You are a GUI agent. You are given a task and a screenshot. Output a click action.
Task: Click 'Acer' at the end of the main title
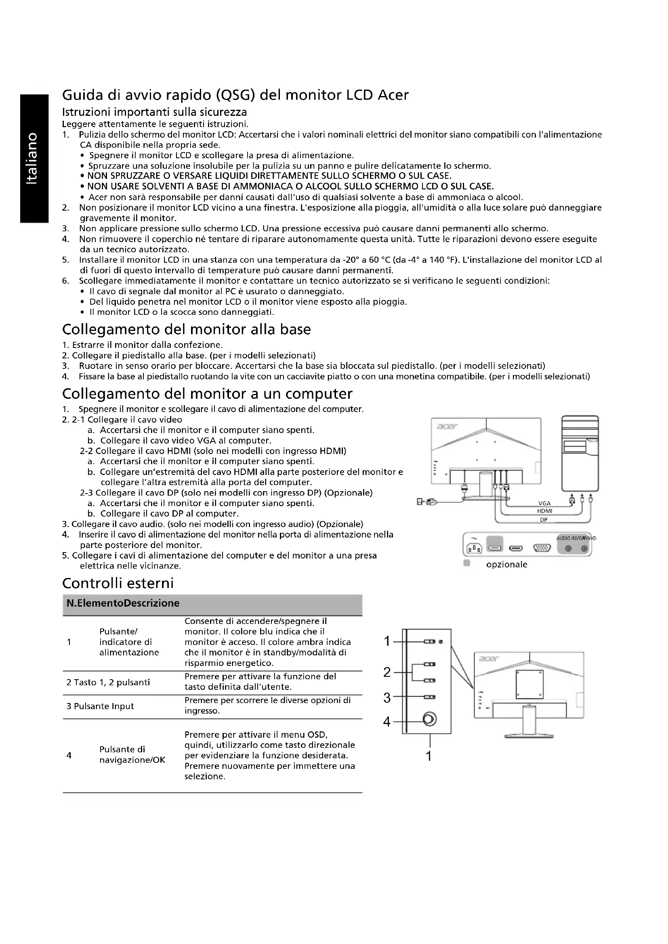pos(393,95)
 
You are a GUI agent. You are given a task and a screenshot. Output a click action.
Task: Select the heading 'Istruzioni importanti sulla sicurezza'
pos(154,112)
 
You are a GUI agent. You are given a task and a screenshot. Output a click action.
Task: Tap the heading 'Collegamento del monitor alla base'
pos(186,329)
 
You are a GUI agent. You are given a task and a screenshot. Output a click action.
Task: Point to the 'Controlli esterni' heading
pos(118,583)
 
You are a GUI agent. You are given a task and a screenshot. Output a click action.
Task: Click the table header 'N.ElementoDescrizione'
pos(123,603)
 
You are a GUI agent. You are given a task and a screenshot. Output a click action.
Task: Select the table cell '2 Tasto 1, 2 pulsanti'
pos(108,682)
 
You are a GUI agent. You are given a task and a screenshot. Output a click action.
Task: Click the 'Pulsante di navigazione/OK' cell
pos(132,754)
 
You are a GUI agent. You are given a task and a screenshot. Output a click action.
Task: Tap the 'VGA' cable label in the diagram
pos(544,504)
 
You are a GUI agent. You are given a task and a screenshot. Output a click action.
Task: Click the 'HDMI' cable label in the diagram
pos(544,511)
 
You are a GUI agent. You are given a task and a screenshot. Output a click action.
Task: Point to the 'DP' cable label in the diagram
pos(544,520)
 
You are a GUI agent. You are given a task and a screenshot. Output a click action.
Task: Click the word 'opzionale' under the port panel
pos(506,565)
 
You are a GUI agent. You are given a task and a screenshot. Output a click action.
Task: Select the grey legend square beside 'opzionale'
pos(466,563)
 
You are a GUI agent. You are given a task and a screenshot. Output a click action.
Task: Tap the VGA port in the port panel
pos(542,548)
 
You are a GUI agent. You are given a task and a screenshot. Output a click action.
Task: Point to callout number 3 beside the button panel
pos(387,698)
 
